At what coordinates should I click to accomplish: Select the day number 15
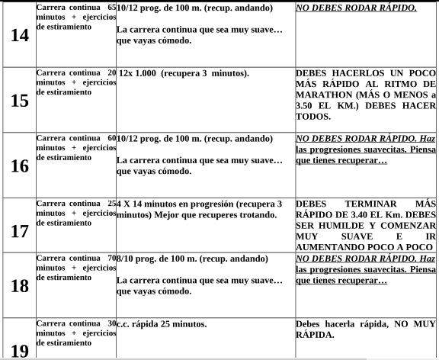18,101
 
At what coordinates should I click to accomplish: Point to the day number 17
18,232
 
